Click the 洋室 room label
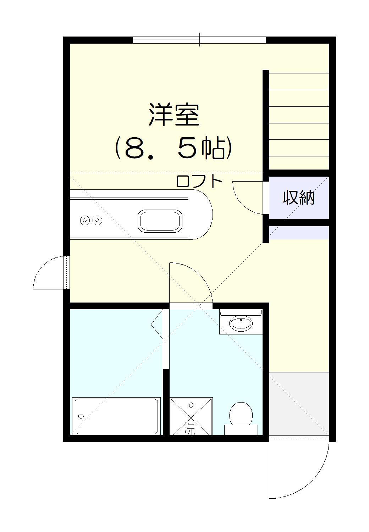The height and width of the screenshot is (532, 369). click(174, 115)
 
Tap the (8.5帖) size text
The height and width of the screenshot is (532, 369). click(174, 148)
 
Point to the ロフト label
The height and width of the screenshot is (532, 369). click(199, 181)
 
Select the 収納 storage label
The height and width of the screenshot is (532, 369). click(298, 198)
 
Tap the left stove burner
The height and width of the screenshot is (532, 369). click(84, 220)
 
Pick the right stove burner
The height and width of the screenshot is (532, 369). click(97, 220)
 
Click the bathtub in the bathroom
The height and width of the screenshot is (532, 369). click(116, 416)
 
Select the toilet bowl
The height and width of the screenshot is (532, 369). click(241, 414)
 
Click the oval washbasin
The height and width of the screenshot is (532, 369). click(241, 323)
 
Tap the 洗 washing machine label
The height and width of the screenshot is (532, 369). click(191, 430)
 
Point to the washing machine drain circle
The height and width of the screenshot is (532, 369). click(191, 405)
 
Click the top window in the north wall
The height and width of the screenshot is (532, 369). click(199, 40)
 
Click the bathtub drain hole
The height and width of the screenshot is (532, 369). click(81, 416)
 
